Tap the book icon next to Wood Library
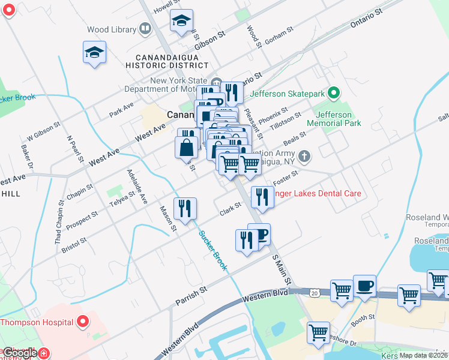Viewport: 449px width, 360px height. [x=145, y=28]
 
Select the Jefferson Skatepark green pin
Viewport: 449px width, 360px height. [x=335, y=93]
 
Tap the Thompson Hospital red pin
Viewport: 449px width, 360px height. [x=83, y=322]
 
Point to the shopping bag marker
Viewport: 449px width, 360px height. [x=187, y=147]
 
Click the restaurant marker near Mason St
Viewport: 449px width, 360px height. [x=185, y=208]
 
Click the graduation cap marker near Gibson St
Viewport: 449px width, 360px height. [x=181, y=21]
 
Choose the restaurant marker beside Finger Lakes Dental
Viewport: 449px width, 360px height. [x=262, y=197]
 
